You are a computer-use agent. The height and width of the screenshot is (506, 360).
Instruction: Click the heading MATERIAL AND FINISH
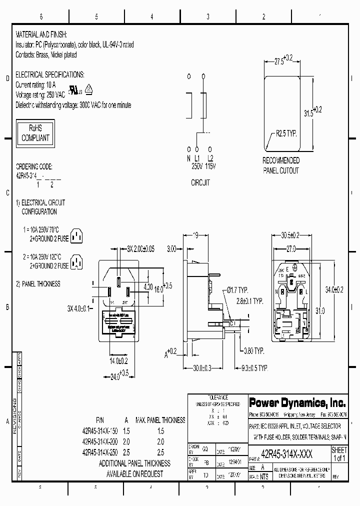(44, 36)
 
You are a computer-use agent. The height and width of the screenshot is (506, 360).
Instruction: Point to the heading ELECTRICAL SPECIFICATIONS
(50, 74)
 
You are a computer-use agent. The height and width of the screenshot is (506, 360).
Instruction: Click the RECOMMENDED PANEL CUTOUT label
(281, 165)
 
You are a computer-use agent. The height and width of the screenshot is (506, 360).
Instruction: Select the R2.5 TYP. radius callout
(286, 134)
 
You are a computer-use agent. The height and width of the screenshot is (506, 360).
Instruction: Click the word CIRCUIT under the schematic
(200, 183)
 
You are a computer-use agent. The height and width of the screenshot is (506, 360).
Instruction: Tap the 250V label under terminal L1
(197, 165)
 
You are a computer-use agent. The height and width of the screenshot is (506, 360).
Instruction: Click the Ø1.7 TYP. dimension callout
(236, 290)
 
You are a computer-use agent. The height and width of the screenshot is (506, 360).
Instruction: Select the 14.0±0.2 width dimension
(118, 360)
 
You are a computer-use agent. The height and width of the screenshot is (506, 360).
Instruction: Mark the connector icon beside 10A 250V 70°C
(75, 235)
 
